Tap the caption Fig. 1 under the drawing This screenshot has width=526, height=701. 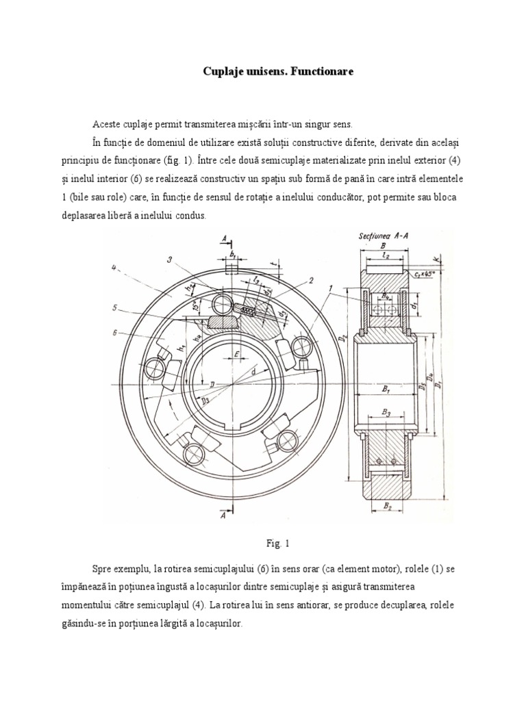[279, 544]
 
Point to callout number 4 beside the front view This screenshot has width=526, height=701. [114, 267]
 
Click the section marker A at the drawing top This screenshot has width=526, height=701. [223, 239]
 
